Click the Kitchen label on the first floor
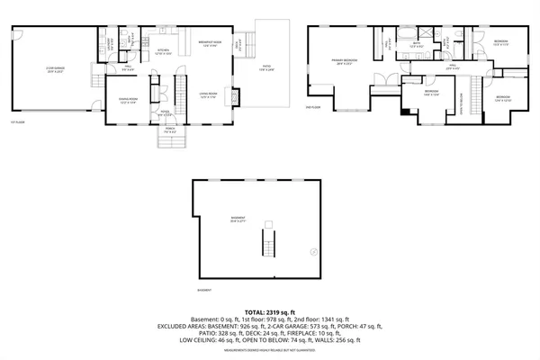[x=164, y=51]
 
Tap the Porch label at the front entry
[x=169, y=130]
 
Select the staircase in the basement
[x=265, y=240]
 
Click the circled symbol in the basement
[x=312, y=251]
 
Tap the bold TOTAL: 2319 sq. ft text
[x=269, y=311]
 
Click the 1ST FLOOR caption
[x=15, y=121]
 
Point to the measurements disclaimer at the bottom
[x=269, y=351]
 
